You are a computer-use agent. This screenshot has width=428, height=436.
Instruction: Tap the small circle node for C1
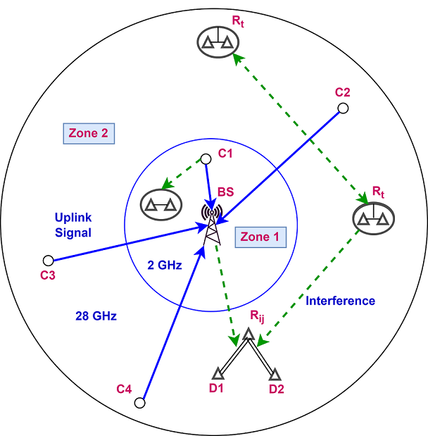coord(206,159)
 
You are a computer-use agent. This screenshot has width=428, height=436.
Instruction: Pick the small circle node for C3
coord(48,260)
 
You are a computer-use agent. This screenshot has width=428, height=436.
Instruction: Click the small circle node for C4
coord(139,403)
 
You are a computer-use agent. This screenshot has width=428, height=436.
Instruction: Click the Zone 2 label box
coord(89,133)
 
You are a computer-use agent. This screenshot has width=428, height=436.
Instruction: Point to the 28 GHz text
coord(96,316)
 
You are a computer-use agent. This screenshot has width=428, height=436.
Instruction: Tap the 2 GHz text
coord(165,266)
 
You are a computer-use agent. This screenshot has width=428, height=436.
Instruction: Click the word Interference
coord(341,301)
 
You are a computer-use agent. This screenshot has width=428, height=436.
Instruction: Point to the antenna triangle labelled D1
coord(217,374)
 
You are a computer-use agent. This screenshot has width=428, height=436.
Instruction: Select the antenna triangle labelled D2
coord(275,374)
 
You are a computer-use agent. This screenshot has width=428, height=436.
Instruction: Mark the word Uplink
coord(73,216)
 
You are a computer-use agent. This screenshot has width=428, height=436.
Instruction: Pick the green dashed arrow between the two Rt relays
coord(299,126)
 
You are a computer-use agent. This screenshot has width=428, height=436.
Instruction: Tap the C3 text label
coord(48,275)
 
